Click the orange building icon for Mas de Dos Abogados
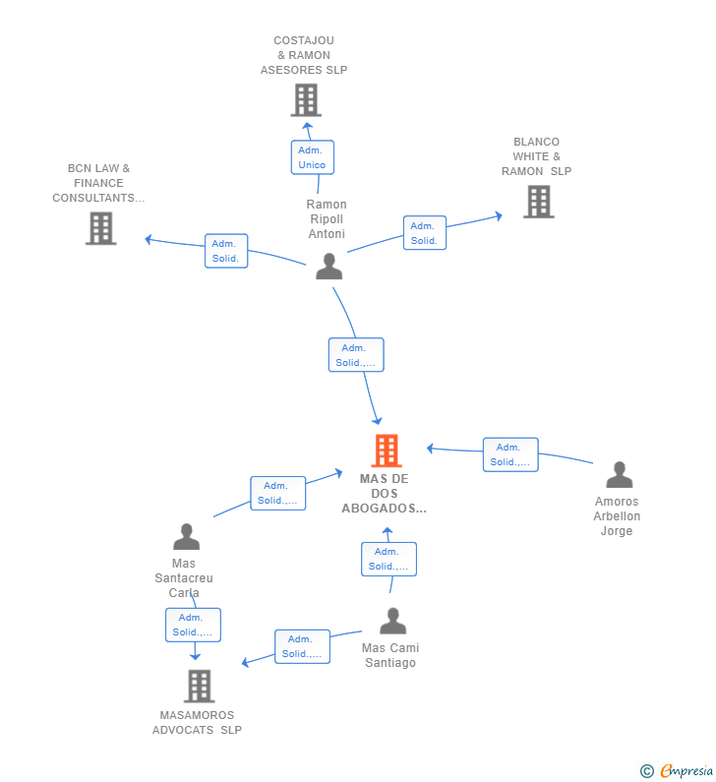point(387,451)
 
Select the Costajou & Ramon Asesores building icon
point(306,100)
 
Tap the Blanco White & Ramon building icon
point(539,202)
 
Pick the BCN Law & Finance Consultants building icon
point(100,228)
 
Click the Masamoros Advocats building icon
point(200,686)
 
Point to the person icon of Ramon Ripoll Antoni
point(329,267)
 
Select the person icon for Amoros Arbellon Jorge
point(620,475)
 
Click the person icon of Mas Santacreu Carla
point(187,537)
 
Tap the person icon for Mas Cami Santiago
point(392,621)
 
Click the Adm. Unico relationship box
point(313,157)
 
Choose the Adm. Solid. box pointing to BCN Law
point(226,251)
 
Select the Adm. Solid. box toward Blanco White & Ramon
point(425,233)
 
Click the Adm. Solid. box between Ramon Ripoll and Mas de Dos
point(356,355)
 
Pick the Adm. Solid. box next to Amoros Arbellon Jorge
point(510,454)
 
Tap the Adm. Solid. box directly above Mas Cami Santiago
point(388,559)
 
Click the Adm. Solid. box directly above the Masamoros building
point(193,625)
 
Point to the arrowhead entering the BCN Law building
point(149,239)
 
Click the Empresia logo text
point(687,770)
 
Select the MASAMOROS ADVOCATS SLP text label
point(197,723)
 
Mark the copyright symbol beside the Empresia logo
point(647,771)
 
